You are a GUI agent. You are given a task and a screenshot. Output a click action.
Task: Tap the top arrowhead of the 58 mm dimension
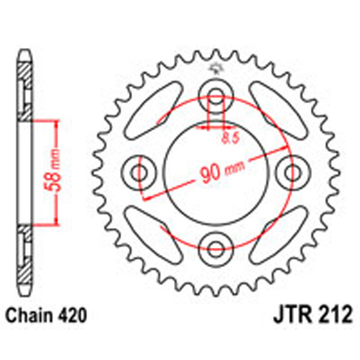tap(57, 124)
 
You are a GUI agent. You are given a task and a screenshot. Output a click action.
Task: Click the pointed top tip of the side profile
tap(25, 52)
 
